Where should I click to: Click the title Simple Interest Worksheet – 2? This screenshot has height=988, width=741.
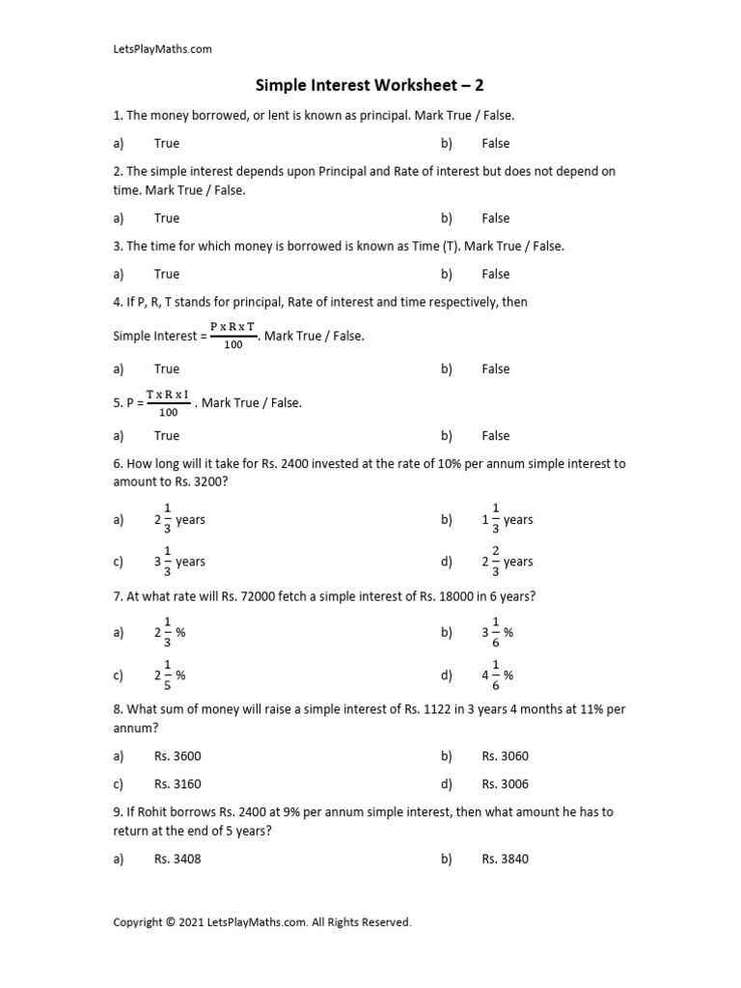point(370,86)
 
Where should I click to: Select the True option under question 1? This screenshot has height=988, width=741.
point(167,143)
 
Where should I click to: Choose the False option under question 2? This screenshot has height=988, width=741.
point(496,218)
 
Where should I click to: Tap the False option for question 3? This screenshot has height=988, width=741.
point(496,274)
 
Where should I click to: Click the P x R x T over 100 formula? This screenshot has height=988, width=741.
point(233,336)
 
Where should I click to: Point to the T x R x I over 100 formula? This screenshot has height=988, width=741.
point(169,402)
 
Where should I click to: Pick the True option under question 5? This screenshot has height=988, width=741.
point(167,436)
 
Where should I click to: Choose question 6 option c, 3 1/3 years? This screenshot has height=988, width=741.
point(179,562)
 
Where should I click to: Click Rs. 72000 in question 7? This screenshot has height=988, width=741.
point(249,596)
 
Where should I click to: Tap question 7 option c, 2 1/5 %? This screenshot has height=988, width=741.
point(169,675)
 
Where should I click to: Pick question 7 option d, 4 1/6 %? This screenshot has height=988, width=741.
point(498,675)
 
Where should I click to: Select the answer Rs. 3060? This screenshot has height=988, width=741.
point(505,756)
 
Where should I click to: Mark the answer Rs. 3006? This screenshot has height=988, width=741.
point(505,784)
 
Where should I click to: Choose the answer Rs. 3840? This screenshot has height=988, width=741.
point(505,859)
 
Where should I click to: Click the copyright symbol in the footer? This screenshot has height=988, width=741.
point(172,922)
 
